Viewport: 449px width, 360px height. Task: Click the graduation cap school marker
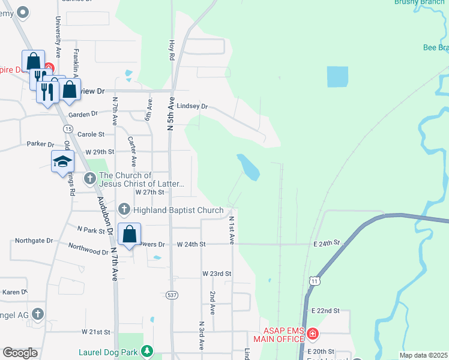point(62,162)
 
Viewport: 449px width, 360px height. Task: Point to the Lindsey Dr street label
point(192,106)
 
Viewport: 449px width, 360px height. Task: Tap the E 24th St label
point(326,243)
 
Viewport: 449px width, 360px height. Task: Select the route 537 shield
point(172,295)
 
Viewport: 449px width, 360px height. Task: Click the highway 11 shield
point(314,280)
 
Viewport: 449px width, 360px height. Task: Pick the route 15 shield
point(67,129)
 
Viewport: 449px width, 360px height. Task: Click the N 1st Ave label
point(231,230)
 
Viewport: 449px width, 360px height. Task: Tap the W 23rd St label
point(217,274)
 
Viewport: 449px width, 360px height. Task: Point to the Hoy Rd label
point(171,50)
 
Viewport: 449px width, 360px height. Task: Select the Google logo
point(20,353)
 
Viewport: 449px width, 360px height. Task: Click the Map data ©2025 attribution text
point(423,355)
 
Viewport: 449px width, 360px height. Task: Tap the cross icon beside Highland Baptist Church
point(124,209)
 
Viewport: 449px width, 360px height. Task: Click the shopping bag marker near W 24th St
point(130,234)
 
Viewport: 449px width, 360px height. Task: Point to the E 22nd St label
point(325,311)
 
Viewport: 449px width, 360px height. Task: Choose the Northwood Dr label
point(88,248)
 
